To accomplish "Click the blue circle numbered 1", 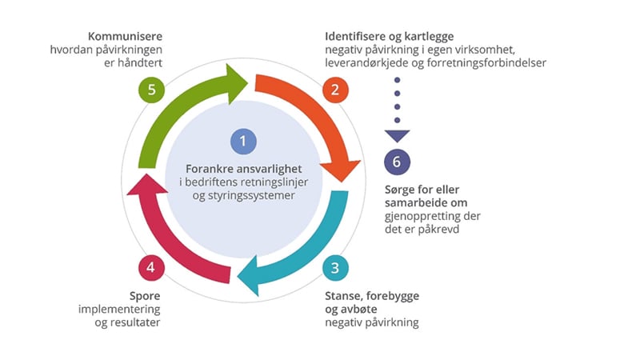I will (x=242, y=142).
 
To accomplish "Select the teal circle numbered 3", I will (x=334, y=266).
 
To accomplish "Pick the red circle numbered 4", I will (x=150, y=266).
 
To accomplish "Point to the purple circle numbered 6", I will (x=397, y=162).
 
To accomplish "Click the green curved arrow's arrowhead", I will (x=238, y=81).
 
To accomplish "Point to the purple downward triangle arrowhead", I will (x=397, y=135).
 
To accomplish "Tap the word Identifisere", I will (x=357, y=37).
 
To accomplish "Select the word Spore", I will (x=145, y=295).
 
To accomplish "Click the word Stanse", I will (x=343, y=295).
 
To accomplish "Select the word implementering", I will (x=119, y=309).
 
